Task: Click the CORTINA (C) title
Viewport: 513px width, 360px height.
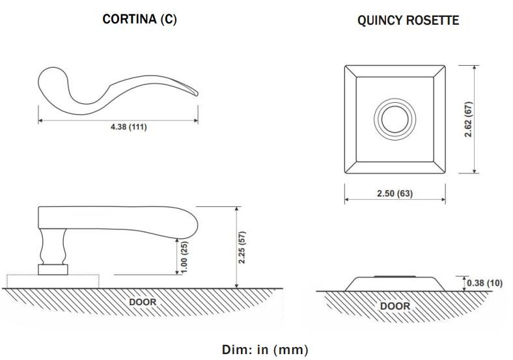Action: point(140,19)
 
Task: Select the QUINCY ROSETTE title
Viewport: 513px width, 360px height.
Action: point(408,20)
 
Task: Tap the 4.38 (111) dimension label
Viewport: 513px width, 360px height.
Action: point(129,127)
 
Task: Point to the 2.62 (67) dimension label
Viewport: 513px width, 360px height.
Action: point(469,119)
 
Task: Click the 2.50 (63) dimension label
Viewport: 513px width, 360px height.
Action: point(395,193)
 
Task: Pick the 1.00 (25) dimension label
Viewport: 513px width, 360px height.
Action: point(184,257)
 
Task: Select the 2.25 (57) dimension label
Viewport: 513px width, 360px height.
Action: point(242,247)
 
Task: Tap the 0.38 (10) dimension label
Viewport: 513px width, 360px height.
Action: point(484,283)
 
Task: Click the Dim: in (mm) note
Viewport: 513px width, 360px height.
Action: point(265,350)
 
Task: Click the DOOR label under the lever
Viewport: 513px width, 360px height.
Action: point(143,302)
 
